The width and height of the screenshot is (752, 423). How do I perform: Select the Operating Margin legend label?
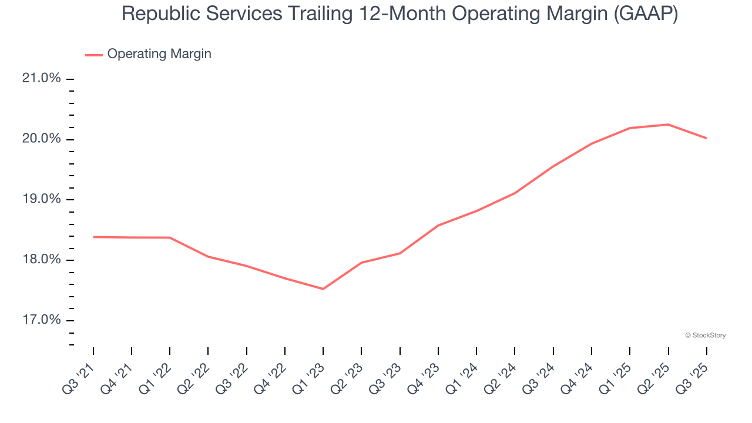159,54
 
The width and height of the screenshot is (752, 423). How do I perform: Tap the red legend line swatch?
94,55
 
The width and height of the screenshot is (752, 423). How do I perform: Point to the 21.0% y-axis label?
42,78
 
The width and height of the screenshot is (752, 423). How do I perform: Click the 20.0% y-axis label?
42,139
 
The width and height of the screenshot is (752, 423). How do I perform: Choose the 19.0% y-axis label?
42,199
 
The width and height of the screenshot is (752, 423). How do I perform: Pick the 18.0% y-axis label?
42,260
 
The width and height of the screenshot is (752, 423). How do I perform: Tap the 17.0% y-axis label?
42,320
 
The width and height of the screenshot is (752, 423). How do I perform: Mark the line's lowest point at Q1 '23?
323,288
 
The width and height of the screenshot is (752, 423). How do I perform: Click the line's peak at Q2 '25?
668,125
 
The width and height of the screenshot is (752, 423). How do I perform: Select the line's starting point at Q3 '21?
93,237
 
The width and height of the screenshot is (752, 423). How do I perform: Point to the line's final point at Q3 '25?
706,138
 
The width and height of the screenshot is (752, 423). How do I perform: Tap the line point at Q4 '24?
591,144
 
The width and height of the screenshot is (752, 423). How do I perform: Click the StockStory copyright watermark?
705,335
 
